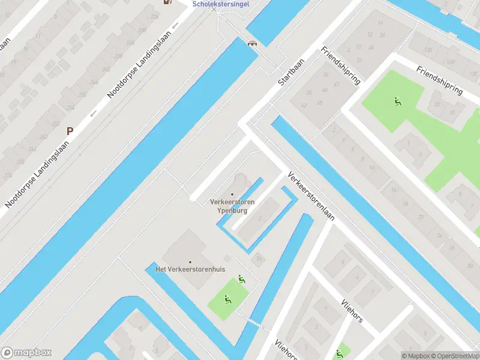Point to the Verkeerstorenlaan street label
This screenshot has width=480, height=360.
tap(311, 197)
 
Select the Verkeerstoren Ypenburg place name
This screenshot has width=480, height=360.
tap(232, 206)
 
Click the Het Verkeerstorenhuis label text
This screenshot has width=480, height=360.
tap(190, 269)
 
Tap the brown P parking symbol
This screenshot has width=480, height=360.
tap(70, 130)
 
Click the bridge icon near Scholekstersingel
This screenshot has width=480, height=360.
tap(253, 43)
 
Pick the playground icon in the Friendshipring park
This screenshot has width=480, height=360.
tap(397, 101)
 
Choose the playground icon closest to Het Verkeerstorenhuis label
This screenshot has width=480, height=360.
tap(241, 278)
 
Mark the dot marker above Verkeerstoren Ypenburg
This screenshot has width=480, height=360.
tap(232, 194)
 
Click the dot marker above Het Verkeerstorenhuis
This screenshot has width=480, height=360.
tap(190, 262)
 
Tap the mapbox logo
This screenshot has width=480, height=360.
tap(26, 353)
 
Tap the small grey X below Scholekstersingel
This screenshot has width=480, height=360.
tap(214, 10)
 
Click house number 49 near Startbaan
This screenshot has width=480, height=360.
tap(320, 103)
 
